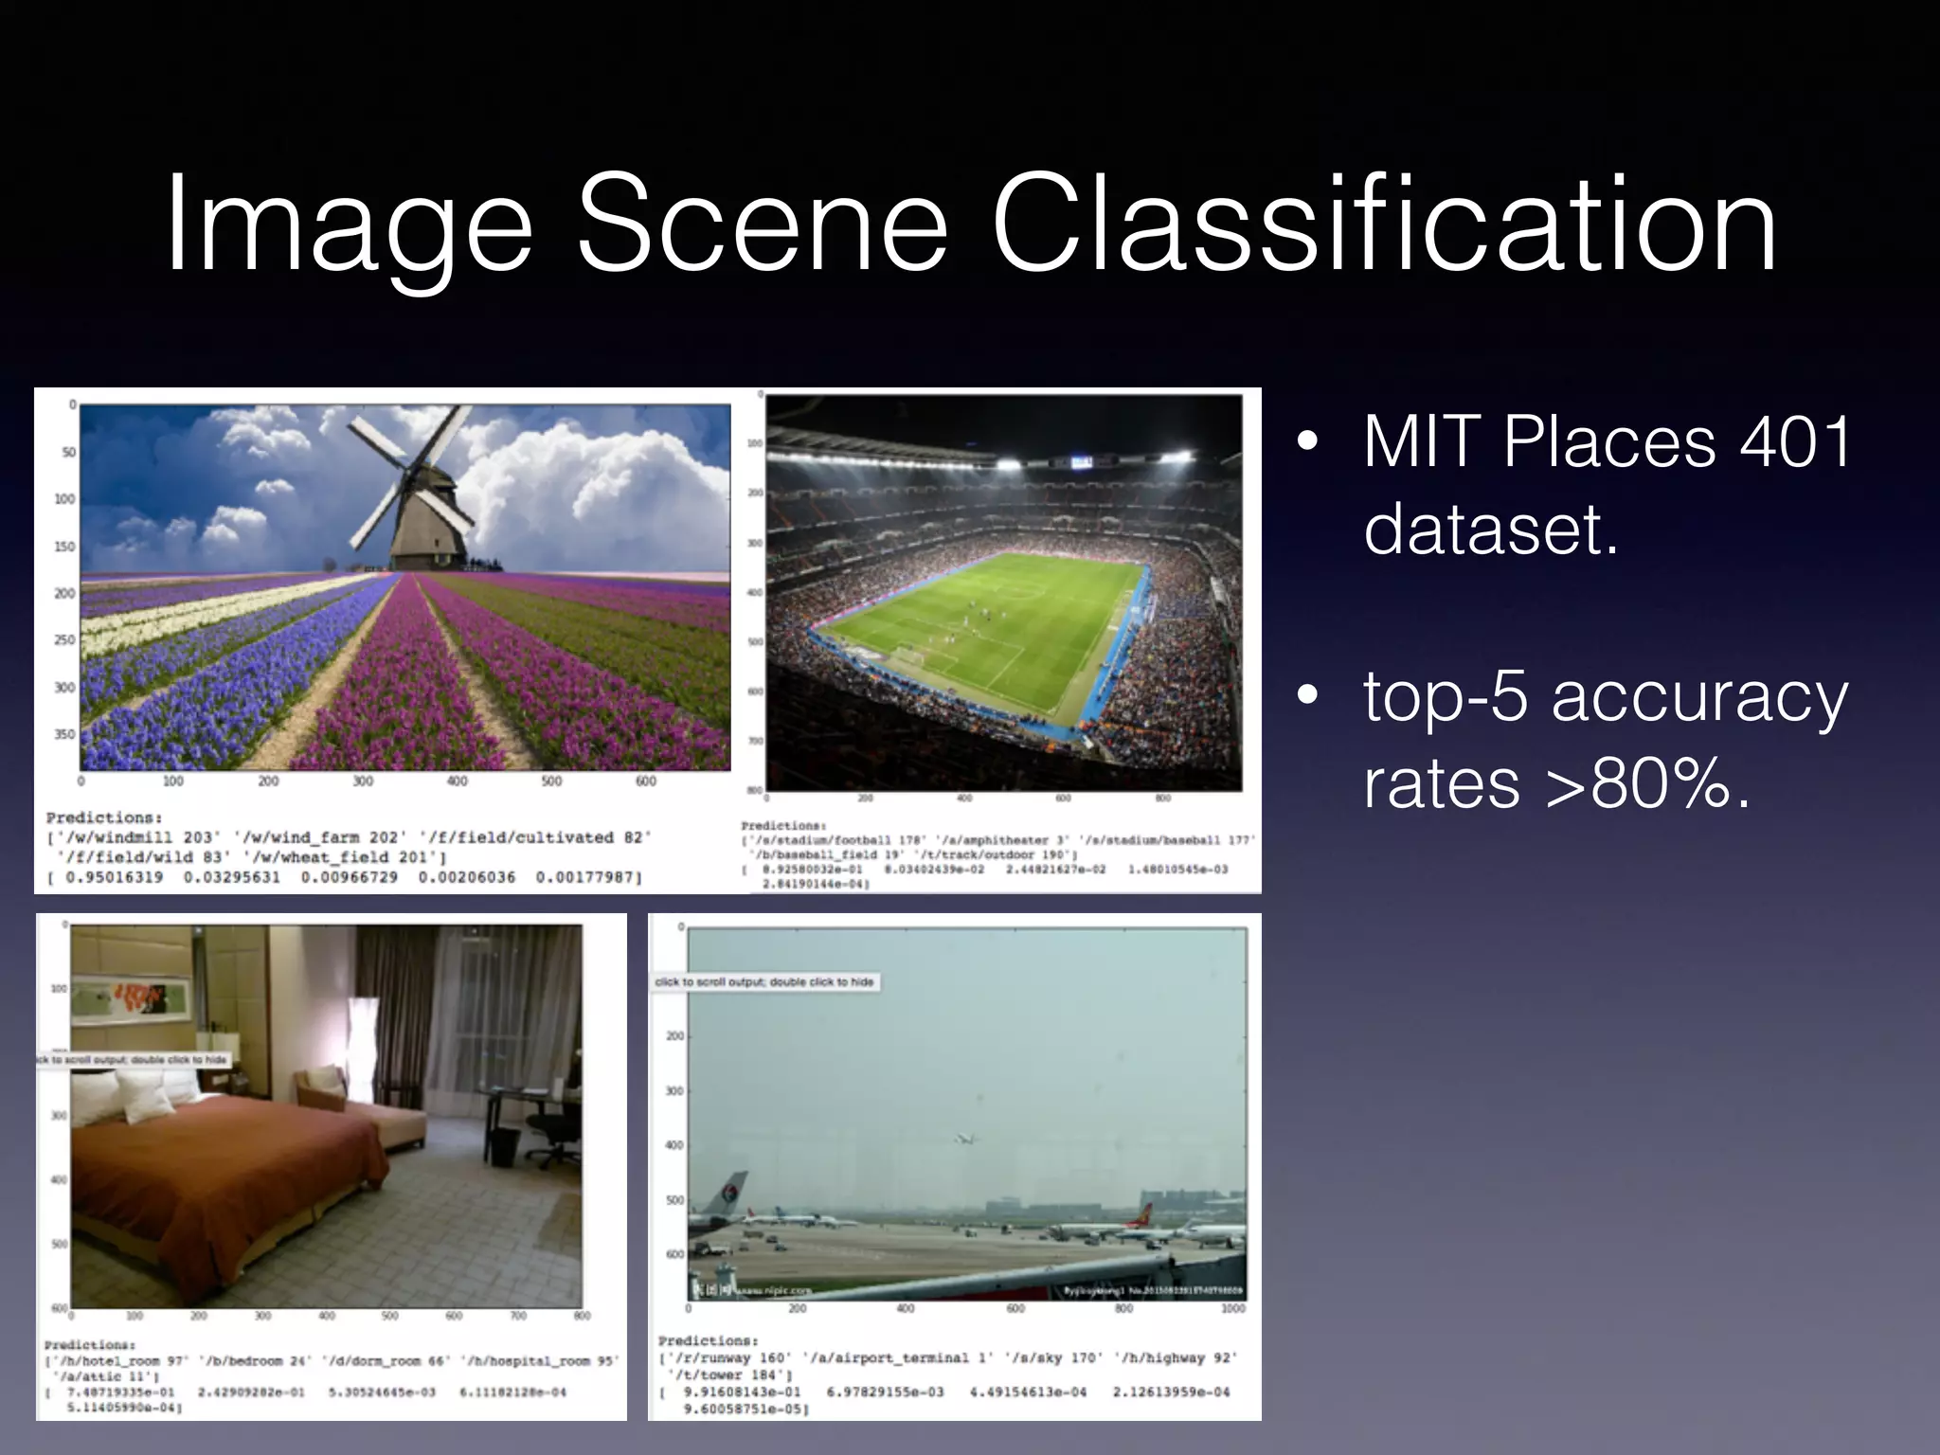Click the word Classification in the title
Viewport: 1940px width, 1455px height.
point(1385,225)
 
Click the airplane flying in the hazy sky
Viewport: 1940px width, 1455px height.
point(964,1139)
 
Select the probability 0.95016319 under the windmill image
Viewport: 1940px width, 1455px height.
point(115,877)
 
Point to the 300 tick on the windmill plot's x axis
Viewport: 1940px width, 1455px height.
point(363,781)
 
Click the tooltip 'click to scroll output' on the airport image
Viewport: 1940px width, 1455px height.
point(763,982)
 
